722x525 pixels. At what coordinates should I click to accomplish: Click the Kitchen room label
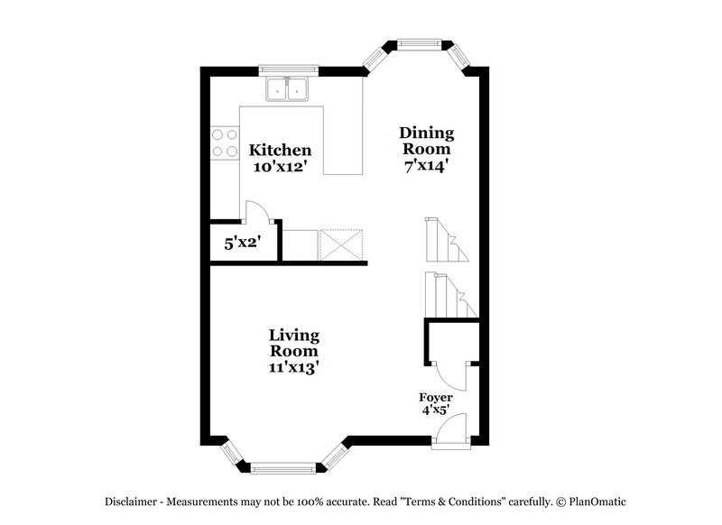click(x=281, y=150)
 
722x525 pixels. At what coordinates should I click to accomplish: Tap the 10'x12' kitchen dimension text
click(x=281, y=167)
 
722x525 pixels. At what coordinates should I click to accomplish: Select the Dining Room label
click(x=427, y=141)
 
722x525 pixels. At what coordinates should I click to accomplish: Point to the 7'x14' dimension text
click(x=427, y=166)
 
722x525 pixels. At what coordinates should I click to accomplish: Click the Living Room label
click(x=293, y=343)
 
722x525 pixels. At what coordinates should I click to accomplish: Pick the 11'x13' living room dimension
click(x=293, y=367)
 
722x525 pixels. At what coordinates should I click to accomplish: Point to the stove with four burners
click(x=224, y=144)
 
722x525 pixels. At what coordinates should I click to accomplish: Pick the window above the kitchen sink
click(x=289, y=69)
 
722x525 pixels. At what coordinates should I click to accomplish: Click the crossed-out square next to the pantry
click(x=341, y=244)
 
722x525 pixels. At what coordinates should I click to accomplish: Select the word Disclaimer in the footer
click(x=134, y=502)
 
